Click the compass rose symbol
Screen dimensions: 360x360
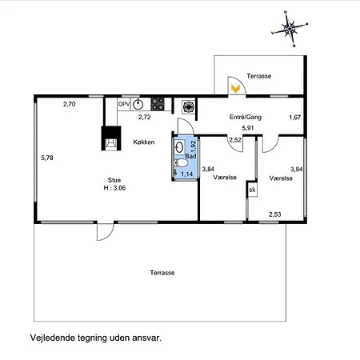coord(290,28)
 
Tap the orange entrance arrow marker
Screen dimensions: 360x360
coord(235,89)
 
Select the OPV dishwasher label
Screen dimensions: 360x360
coord(124,104)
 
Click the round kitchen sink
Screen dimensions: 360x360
coord(138,104)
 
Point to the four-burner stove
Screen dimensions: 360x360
coord(158,104)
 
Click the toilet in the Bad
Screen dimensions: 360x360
coord(180,162)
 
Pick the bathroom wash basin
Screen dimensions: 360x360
coord(179,146)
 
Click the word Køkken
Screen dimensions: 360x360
coord(144,142)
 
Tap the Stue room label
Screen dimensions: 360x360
coord(114,180)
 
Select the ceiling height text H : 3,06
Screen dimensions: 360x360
coord(114,188)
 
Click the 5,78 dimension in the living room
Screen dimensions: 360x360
coord(47,158)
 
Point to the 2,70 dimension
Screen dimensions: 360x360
coord(70,104)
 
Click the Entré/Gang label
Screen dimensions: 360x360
coord(246,117)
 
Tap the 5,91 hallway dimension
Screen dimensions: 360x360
coord(248,128)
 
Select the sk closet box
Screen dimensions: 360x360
coord(252,190)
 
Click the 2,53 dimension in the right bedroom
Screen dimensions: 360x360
coord(275,214)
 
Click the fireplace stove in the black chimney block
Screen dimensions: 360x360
coord(111,143)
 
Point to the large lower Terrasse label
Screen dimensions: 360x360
coord(162,273)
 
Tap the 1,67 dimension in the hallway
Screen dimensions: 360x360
coord(295,118)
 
